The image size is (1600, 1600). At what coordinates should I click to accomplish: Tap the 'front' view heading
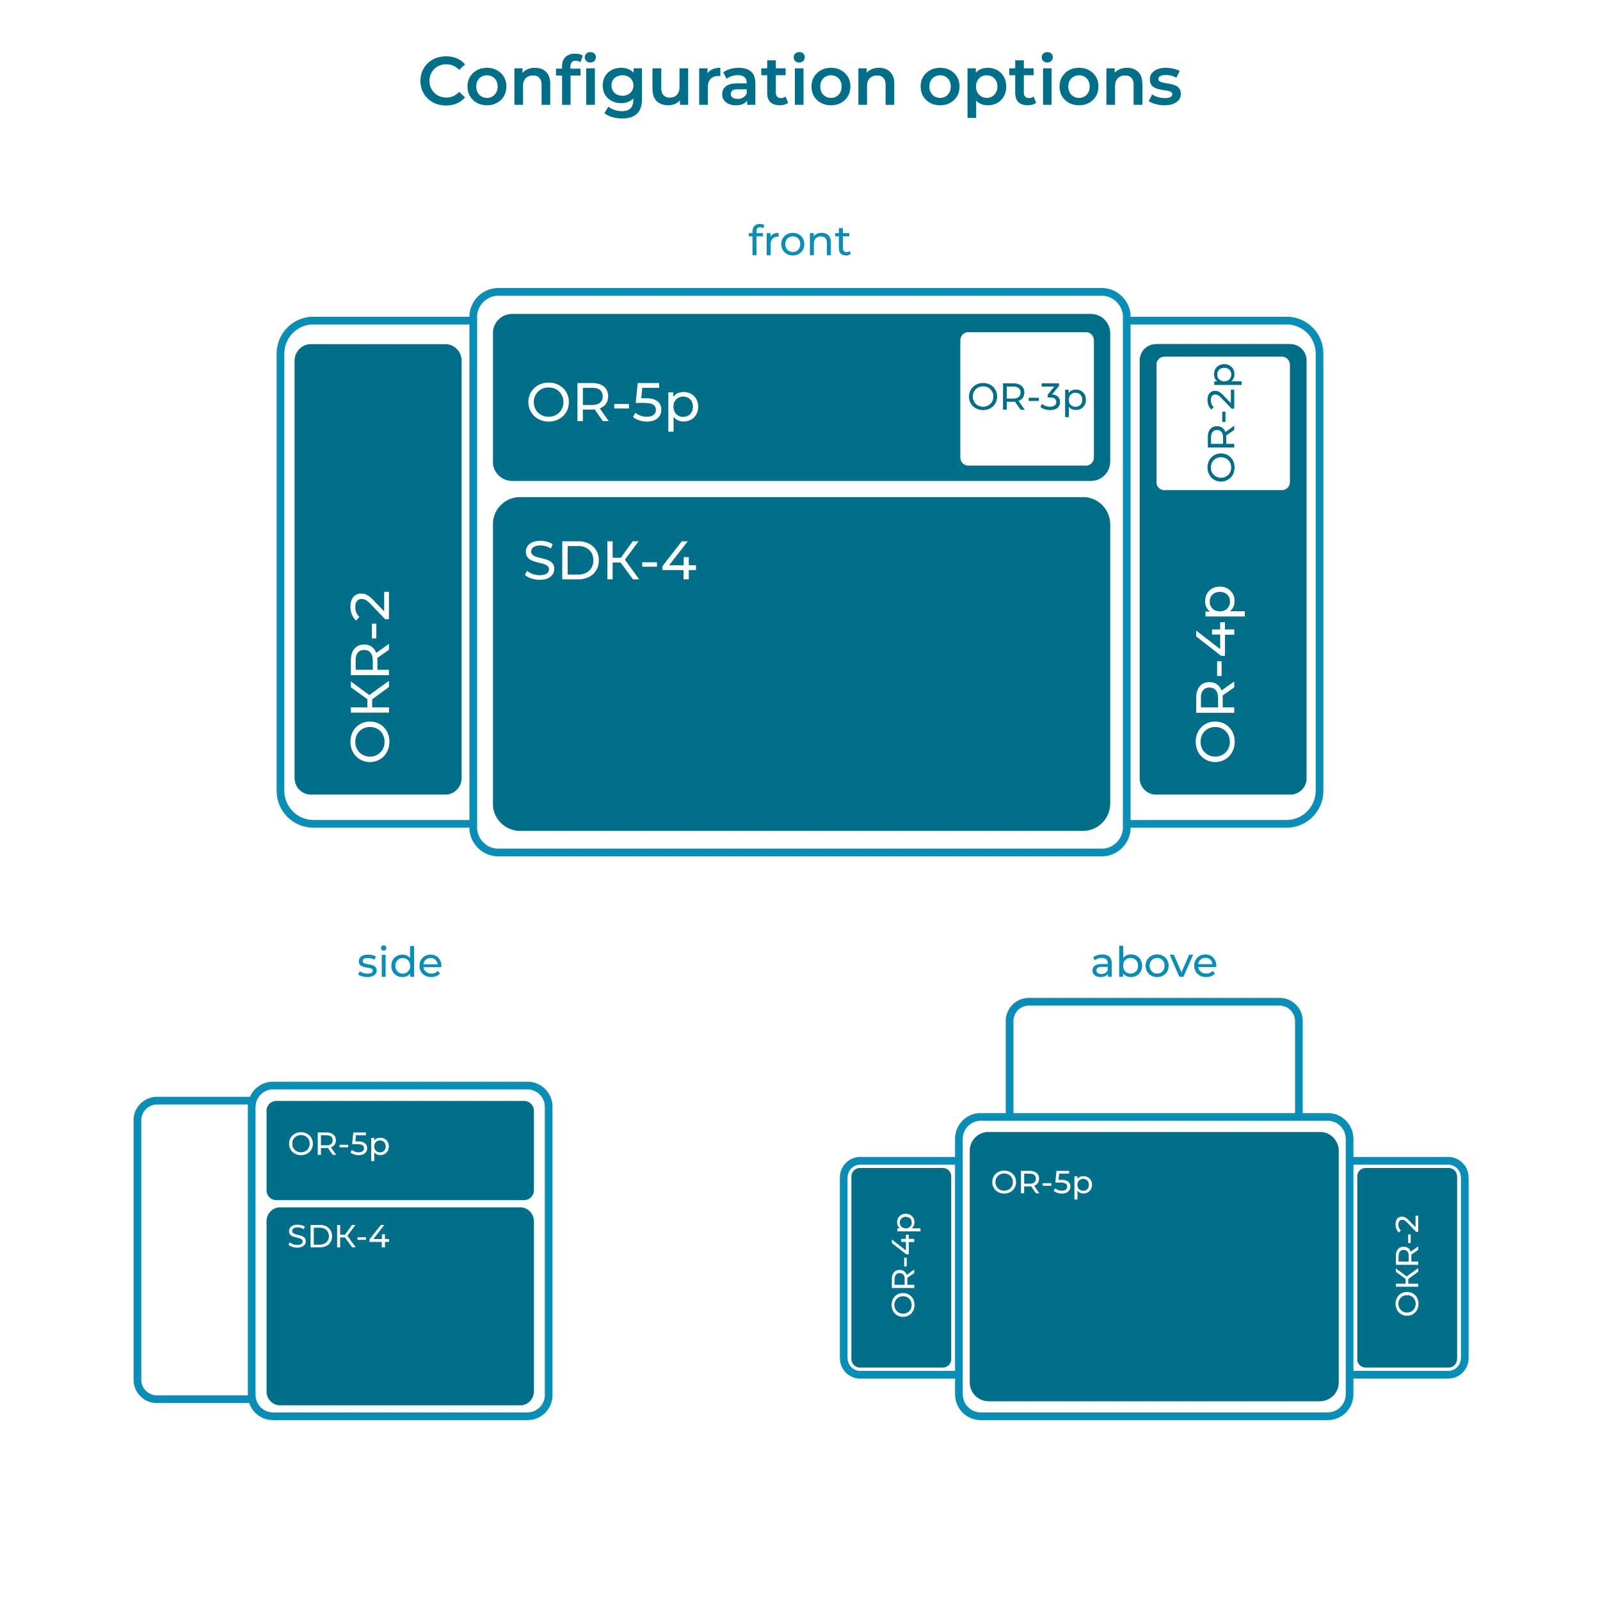[x=799, y=241]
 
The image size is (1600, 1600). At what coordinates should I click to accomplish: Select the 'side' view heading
[x=399, y=963]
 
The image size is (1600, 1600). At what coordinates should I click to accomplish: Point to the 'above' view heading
[x=1154, y=963]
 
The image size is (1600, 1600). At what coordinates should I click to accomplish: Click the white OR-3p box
[x=1027, y=398]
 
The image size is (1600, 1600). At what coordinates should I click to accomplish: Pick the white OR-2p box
[x=1222, y=423]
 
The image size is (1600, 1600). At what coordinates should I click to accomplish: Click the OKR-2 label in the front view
[x=370, y=676]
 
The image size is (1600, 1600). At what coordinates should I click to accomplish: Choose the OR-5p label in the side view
[x=338, y=1146]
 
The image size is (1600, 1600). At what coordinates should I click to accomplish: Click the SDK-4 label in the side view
[x=338, y=1236]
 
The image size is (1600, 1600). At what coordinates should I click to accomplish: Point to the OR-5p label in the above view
[x=1042, y=1183]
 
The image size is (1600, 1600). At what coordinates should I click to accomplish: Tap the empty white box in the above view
[x=1155, y=1059]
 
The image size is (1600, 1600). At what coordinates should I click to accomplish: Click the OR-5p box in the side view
[x=400, y=1150]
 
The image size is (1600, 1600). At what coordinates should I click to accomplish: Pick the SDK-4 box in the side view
[x=400, y=1306]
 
